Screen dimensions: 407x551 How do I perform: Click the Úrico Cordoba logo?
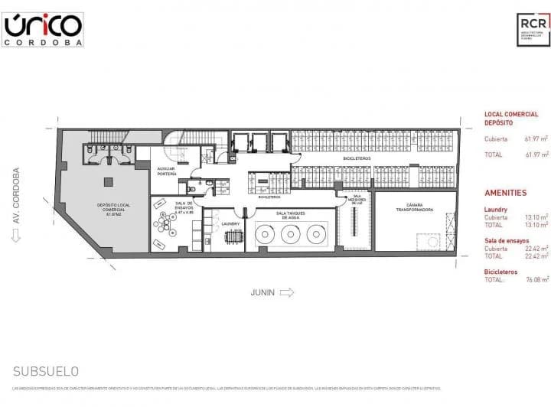[43, 30]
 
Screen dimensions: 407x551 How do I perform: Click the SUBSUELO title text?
[46, 371]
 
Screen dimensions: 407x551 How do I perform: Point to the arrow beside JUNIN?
[286, 292]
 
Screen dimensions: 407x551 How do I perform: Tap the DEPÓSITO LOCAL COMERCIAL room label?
[112, 210]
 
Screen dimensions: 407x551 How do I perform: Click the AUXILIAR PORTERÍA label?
[167, 171]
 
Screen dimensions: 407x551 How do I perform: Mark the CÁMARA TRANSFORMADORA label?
[415, 207]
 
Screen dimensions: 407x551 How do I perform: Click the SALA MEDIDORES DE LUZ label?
[356, 198]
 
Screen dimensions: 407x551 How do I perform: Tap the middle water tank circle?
[290, 235]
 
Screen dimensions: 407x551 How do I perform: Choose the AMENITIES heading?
[505, 193]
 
